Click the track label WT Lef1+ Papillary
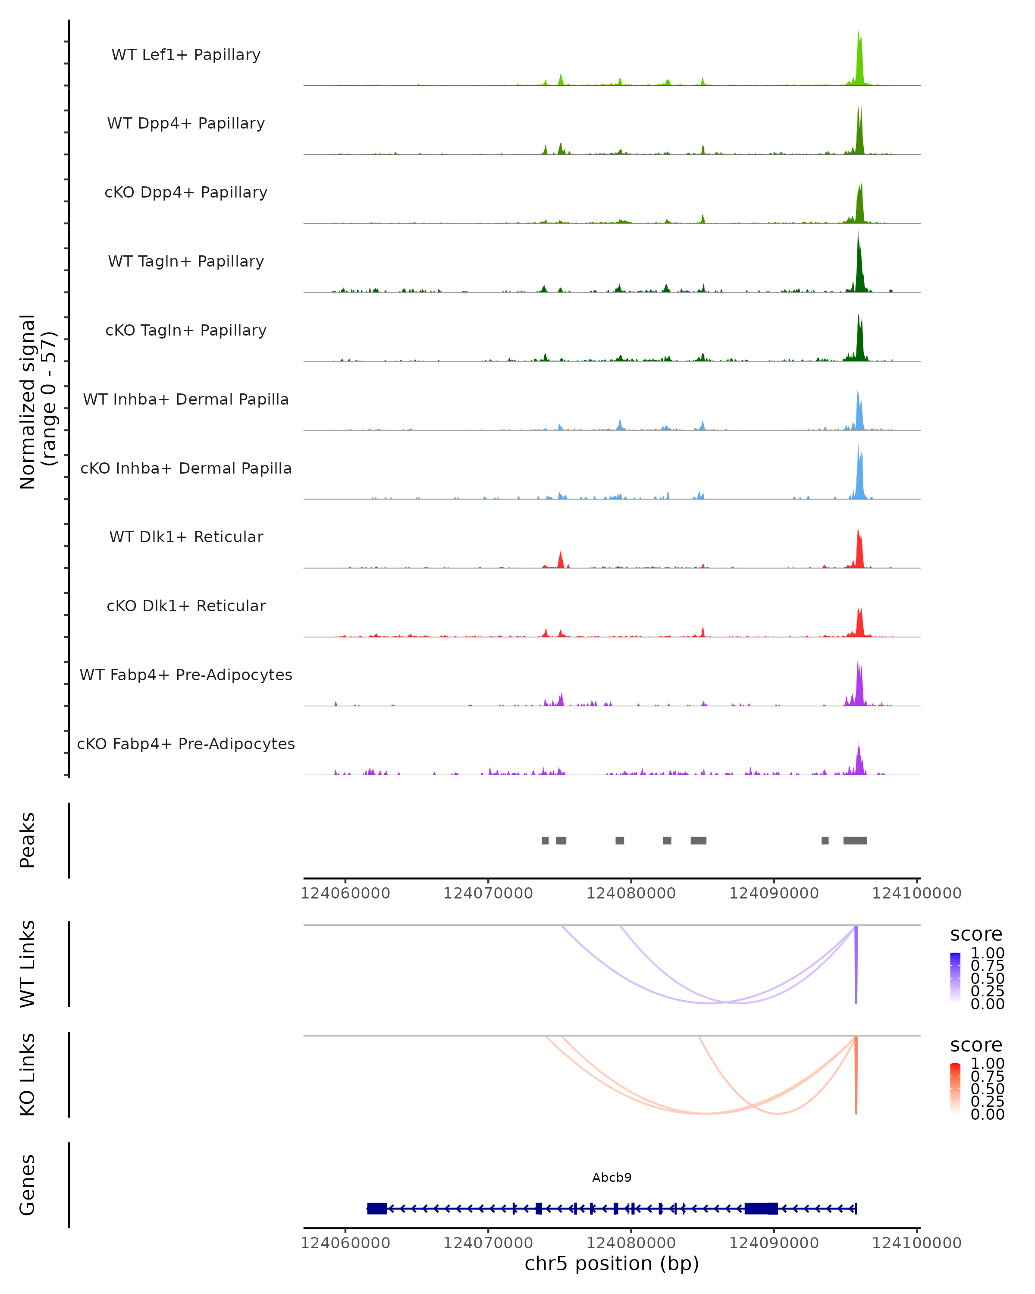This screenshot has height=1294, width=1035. pyautogui.click(x=186, y=55)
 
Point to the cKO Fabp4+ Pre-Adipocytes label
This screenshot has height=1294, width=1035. pyautogui.click(x=186, y=744)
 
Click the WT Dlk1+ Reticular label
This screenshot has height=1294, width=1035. pyautogui.click(x=186, y=537)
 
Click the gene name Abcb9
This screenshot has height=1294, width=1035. pyautogui.click(x=612, y=1178)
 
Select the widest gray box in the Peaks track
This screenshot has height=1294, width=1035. pyautogui.click(x=855, y=840)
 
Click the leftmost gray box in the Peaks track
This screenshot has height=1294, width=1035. pyautogui.click(x=545, y=840)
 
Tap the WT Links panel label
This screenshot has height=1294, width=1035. pyautogui.click(x=28, y=964)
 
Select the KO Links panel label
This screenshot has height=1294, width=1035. pyautogui.click(x=28, y=1074)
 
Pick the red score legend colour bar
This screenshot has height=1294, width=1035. pyautogui.click(x=955, y=1088)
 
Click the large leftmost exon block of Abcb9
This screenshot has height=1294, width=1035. pyautogui.click(x=377, y=1208)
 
